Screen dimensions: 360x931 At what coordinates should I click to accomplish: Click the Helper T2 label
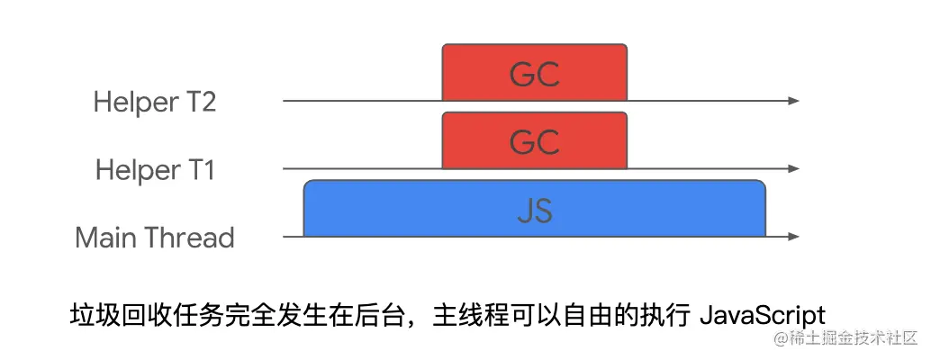coord(155,102)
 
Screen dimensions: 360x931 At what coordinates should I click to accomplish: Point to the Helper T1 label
coord(155,169)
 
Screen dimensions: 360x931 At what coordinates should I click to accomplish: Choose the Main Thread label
coord(155,238)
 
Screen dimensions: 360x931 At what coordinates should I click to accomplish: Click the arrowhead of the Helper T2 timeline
coord(793,101)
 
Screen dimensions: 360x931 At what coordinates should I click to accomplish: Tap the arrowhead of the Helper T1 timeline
coord(793,168)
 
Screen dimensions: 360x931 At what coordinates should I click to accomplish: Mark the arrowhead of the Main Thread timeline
coord(793,237)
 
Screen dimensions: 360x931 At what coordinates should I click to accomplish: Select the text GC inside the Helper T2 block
coord(535,75)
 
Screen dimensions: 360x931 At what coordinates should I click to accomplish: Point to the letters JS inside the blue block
coord(535,211)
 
